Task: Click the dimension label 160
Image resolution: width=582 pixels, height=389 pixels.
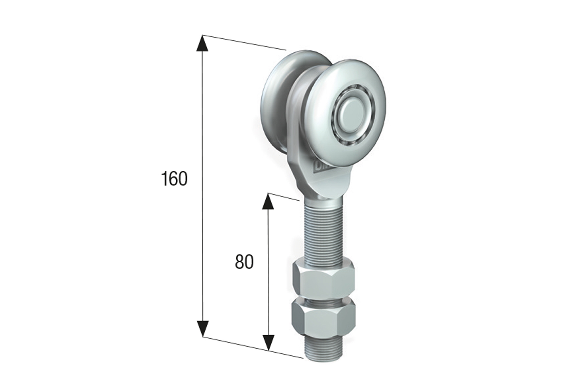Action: pos(174,179)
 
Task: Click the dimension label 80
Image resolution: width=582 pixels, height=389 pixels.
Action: pos(244,262)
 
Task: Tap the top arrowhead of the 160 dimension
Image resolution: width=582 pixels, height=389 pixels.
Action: pos(202,43)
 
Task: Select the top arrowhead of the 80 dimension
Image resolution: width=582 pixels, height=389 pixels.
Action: pos(268,201)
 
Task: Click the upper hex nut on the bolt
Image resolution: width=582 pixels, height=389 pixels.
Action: pos(323,280)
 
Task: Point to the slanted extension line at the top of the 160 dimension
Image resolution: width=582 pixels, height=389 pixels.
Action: pos(244,43)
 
